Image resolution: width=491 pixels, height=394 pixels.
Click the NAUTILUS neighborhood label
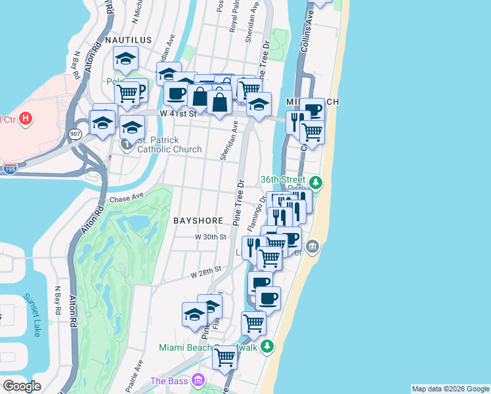tap(127, 40)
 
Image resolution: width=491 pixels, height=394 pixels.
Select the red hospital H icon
tap(26, 119)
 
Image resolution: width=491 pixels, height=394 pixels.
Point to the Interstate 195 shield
tap(9, 169)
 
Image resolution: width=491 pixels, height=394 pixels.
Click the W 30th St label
tap(210, 237)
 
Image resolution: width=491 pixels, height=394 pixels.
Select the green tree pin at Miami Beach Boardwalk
tap(267, 346)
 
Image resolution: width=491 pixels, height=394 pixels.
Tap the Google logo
tap(22, 386)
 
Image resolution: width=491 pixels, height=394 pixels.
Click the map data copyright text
tap(450, 389)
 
